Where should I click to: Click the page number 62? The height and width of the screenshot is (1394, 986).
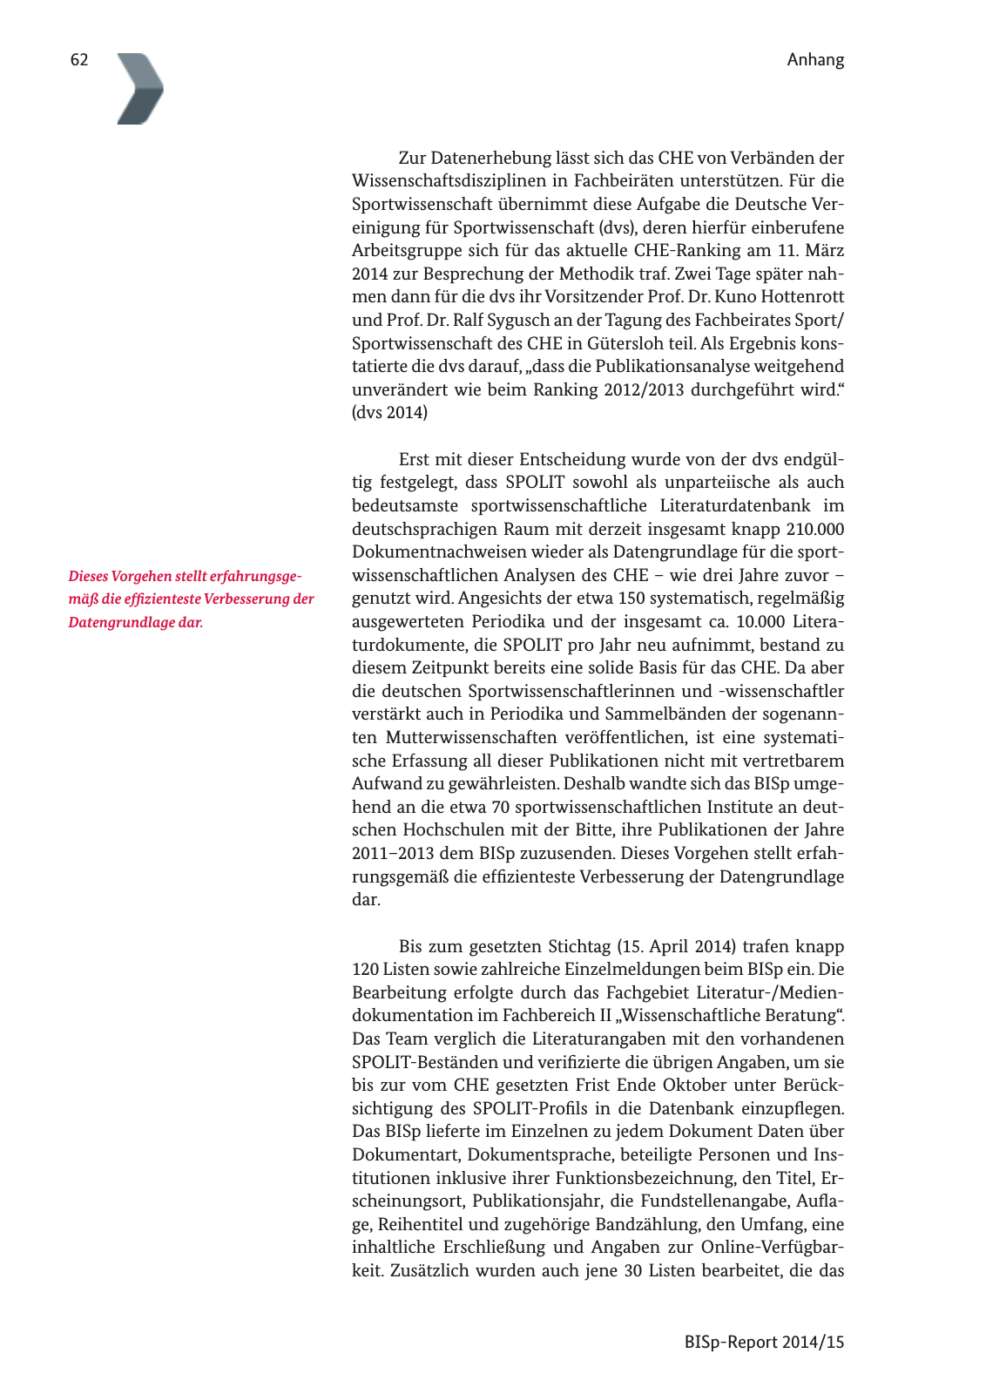[79, 60]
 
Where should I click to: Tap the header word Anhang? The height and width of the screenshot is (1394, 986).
[815, 60]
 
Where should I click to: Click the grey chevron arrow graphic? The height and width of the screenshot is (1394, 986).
[140, 89]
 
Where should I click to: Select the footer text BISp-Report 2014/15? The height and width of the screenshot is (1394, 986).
[764, 1342]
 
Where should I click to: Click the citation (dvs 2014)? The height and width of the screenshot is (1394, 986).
[389, 413]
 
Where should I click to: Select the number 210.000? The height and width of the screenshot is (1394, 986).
[814, 529]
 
